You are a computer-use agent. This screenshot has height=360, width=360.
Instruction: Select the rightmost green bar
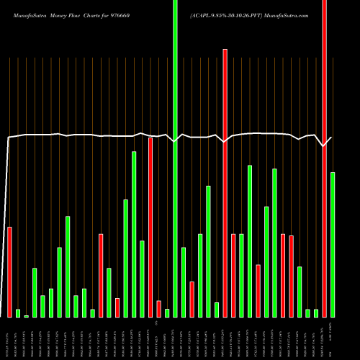coord(333,245)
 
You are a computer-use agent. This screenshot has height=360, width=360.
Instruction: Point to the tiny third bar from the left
coord(27,316)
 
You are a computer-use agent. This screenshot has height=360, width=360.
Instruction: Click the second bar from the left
coord(18,313)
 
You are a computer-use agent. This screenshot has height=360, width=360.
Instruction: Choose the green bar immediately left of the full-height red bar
coord(316,313)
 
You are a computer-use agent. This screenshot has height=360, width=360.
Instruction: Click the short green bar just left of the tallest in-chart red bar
coord(217,310)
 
